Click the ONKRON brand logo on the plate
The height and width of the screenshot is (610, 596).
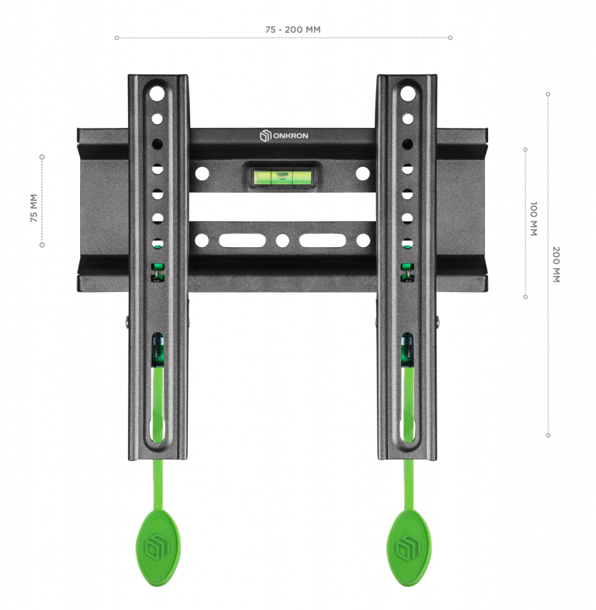coord(284,135)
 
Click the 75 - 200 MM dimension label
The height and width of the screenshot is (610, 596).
coord(293,30)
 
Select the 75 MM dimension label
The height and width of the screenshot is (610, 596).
coord(34,208)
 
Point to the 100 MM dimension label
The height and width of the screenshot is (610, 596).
coord(533,219)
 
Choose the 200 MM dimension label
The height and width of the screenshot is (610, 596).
coord(556,264)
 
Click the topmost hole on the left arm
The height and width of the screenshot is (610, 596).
coord(157,94)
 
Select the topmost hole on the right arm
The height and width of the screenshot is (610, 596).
coord(408,94)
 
